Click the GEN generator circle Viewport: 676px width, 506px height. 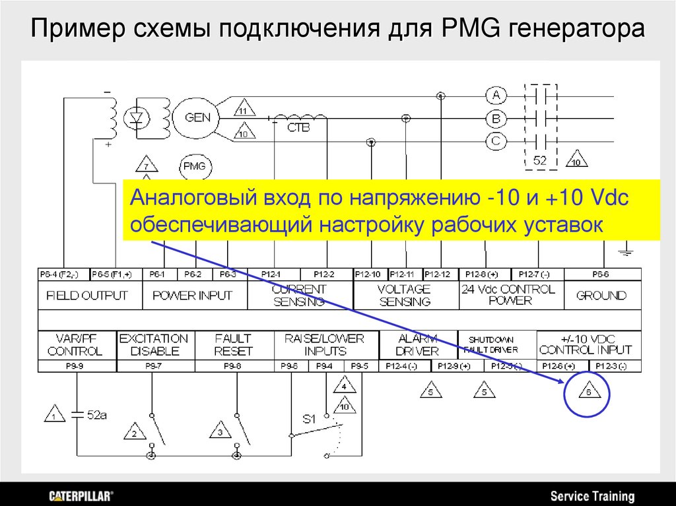click(x=198, y=118)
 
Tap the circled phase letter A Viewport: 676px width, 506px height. click(x=496, y=96)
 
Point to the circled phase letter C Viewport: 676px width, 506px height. click(x=496, y=141)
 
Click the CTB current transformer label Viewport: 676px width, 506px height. click(x=298, y=128)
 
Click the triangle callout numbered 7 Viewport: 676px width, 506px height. click(x=147, y=165)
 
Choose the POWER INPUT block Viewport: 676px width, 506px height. click(x=193, y=296)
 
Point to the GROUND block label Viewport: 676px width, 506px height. click(x=601, y=296)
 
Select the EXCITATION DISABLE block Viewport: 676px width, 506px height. click(x=153, y=344)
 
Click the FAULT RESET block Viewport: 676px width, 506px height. click(x=233, y=344)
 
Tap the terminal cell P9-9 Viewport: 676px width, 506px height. click(x=77, y=365)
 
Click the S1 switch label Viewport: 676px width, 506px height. click(x=310, y=418)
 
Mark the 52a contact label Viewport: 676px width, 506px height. click(x=96, y=415)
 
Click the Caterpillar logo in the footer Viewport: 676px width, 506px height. click(x=82, y=495)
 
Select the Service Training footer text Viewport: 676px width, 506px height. click(x=592, y=496)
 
